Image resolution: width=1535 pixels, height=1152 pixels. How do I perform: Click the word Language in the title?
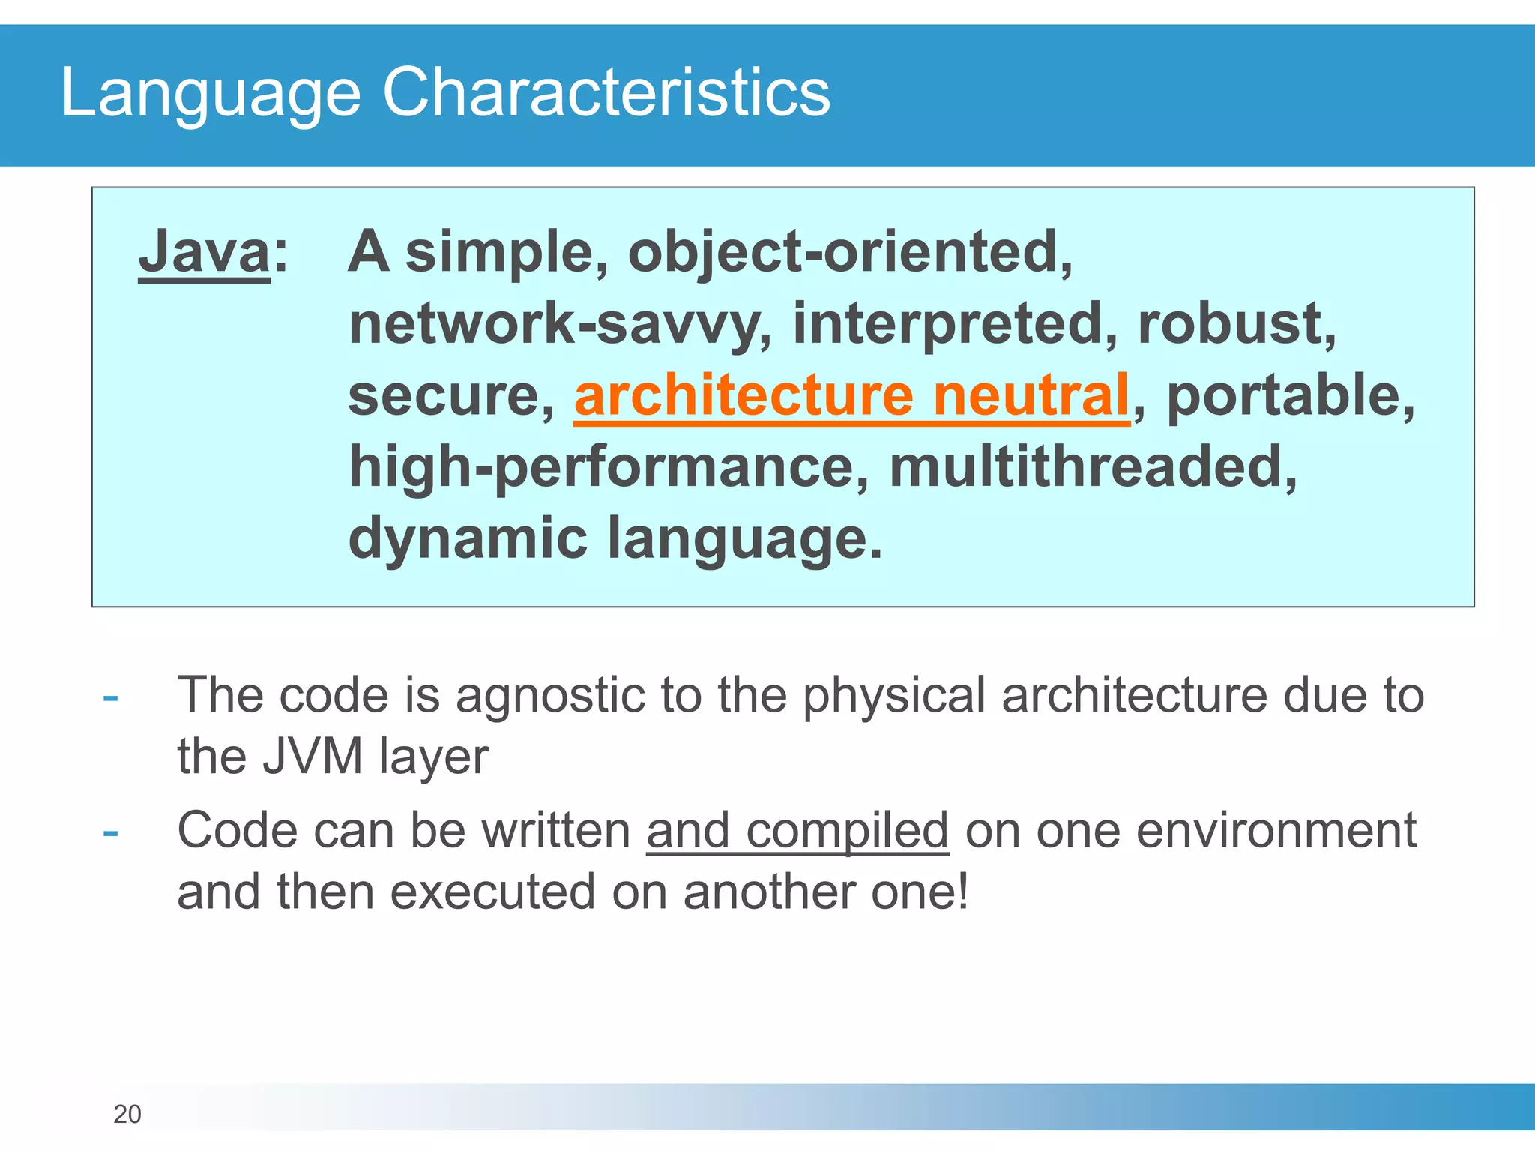pos(210,93)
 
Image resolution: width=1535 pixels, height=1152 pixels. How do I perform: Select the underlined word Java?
pos(204,252)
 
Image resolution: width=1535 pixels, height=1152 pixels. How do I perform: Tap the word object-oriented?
pos(850,252)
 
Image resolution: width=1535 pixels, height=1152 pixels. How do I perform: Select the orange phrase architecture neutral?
pos(851,396)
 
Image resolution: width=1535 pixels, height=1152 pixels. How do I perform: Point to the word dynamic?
pos(468,538)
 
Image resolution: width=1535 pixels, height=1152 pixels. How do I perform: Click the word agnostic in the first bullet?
pos(550,696)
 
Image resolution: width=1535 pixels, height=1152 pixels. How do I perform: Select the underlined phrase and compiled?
pos(797,831)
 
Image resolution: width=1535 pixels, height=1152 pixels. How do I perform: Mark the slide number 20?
pos(127,1114)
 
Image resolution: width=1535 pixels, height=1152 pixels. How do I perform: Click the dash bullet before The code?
pos(111,698)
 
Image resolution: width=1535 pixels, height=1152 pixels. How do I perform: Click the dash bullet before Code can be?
pos(111,833)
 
